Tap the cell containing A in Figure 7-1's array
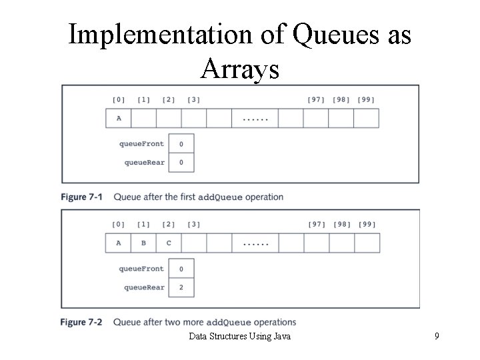119,118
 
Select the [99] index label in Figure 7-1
365,100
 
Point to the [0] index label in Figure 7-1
118,100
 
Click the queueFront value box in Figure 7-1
181,144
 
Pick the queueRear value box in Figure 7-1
181,162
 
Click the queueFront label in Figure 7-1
141,144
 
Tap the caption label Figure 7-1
83,197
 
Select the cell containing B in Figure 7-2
143,243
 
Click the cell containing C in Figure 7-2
169,243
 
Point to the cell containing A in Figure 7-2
119,243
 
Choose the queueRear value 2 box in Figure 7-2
181,287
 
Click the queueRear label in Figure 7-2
144,287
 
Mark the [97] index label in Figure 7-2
316,225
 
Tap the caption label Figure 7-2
83,322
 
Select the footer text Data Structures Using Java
239,337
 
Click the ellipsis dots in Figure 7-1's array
255,119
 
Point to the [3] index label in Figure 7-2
193,225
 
